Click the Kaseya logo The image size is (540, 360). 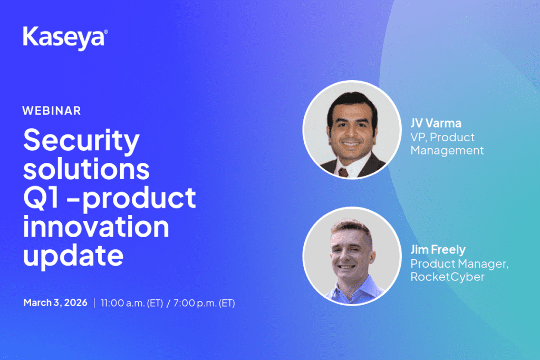pyautogui.click(x=65, y=38)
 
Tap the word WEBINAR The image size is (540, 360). pyautogui.click(x=52, y=111)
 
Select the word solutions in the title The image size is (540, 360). pyautogui.click(x=86, y=169)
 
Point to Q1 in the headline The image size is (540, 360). pyautogui.click(x=41, y=198)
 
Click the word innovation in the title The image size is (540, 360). pyautogui.click(x=96, y=227)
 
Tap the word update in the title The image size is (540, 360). pyautogui.click(x=73, y=256)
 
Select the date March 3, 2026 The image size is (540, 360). pyautogui.click(x=55, y=303)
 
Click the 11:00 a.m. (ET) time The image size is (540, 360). pyautogui.click(x=132, y=303)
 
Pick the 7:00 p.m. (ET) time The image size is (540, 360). pyautogui.click(x=204, y=303)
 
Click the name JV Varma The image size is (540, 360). pyautogui.click(x=436, y=123)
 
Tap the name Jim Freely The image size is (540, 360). pyautogui.click(x=438, y=249)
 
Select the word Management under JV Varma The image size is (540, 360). pyautogui.click(x=447, y=151)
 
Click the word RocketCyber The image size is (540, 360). pyautogui.click(x=447, y=277)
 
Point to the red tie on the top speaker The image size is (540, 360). pyautogui.click(x=343, y=172)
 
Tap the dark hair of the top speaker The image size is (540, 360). pyautogui.click(x=352, y=103)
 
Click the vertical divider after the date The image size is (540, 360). pyautogui.click(x=94, y=303)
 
